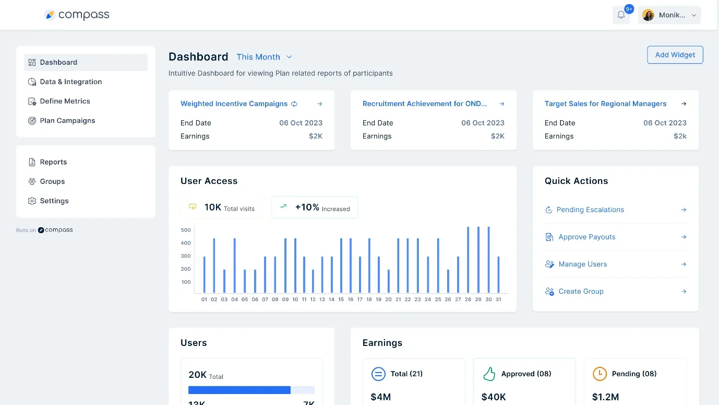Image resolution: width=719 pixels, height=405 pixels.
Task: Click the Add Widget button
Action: [675, 55]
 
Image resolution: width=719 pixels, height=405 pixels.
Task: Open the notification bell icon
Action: [621, 15]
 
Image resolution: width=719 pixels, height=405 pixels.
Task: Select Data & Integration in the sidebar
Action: [70, 82]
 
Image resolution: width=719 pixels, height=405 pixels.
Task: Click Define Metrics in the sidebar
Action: [65, 101]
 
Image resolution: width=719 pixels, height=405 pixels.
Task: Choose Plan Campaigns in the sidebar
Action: [67, 120]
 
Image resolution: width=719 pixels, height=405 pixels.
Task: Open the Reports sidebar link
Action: [53, 162]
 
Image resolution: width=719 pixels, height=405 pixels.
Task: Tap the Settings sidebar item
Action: [54, 201]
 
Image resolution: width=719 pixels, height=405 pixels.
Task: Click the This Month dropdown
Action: [264, 57]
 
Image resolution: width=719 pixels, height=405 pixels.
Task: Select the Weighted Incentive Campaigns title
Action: [234, 103]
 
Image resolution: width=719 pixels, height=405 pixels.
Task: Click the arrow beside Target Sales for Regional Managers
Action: [684, 103]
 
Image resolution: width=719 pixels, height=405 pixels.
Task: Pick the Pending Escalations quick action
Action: [590, 210]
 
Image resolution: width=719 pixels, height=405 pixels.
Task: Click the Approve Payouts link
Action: [586, 237]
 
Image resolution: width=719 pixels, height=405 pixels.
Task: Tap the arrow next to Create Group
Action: [684, 291]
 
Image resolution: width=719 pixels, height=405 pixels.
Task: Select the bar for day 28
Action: [468, 260]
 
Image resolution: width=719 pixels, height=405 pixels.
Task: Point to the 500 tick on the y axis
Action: [186, 230]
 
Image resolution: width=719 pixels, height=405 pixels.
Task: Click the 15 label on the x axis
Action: [341, 299]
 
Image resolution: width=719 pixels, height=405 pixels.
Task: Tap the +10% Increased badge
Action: [315, 207]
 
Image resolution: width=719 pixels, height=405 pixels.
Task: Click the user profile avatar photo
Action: [648, 15]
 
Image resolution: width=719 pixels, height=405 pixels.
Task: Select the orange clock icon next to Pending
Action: [600, 374]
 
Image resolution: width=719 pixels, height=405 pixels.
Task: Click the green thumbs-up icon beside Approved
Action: [489, 374]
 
